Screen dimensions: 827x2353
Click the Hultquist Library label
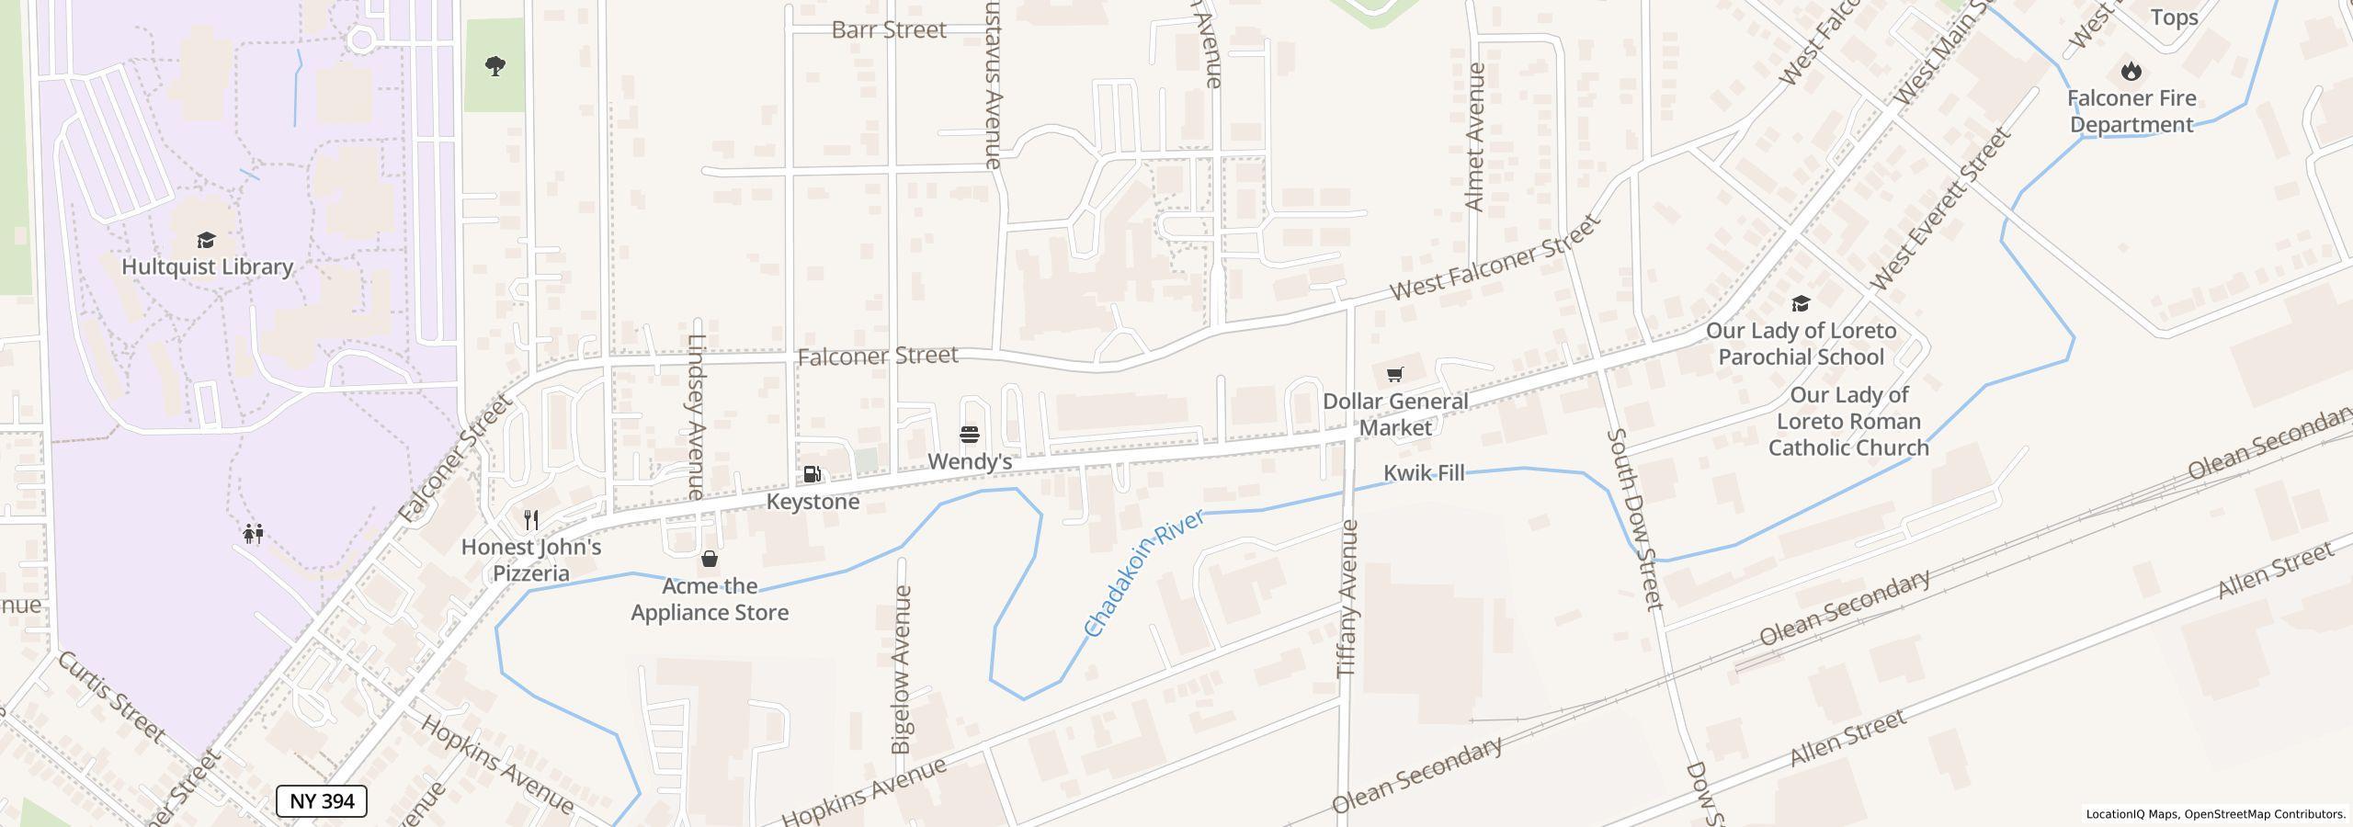pyautogui.click(x=208, y=267)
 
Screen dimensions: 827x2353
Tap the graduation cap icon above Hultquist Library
pyautogui.click(x=206, y=241)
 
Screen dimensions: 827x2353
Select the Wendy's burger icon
pyautogui.click(x=970, y=434)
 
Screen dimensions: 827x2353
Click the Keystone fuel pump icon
pyautogui.click(x=813, y=474)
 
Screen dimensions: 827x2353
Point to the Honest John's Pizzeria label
pyautogui.click(x=531, y=560)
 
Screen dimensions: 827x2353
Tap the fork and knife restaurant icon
pyautogui.click(x=531, y=520)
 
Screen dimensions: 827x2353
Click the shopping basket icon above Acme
pyautogui.click(x=710, y=559)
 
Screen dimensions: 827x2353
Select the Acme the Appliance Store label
pyautogui.click(x=710, y=599)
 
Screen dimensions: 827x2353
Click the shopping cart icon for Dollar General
pyautogui.click(x=1395, y=374)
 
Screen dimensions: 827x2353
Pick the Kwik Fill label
pyautogui.click(x=1424, y=473)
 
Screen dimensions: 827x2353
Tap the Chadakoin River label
pyautogui.click(x=1144, y=575)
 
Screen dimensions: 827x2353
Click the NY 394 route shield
pyautogui.click(x=322, y=801)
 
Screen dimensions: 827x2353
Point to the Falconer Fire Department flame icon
pyautogui.click(x=2131, y=71)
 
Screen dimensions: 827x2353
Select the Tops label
pyautogui.click(x=2175, y=17)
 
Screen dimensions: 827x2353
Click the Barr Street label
pyautogui.click(x=889, y=30)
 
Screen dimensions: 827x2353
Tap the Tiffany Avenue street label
pyautogui.click(x=1347, y=599)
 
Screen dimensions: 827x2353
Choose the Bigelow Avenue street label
pyautogui.click(x=903, y=670)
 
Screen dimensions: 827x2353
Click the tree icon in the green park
pyautogui.click(x=495, y=66)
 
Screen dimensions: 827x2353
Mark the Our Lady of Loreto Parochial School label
pyautogui.click(x=1801, y=344)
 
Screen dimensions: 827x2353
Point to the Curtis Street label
pyautogui.click(x=112, y=697)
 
